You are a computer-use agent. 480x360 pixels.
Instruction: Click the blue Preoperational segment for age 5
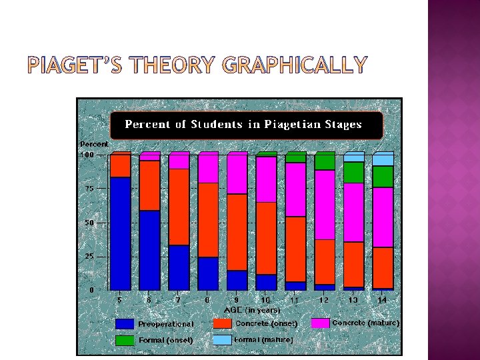pyautogui.click(x=120, y=233)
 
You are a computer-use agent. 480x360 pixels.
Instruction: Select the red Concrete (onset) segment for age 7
pyautogui.click(x=179, y=207)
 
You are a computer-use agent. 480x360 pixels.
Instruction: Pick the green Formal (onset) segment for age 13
pyautogui.click(x=354, y=173)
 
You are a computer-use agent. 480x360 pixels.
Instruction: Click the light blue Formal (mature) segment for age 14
pyautogui.click(x=383, y=159)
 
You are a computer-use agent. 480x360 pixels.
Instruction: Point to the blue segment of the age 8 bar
pyautogui.click(x=208, y=273)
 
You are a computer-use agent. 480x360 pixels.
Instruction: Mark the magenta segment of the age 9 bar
pyautogui.click(x=237, y=173)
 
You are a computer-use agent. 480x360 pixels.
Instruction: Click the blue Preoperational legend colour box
pyautogui.click(x=125, y=324)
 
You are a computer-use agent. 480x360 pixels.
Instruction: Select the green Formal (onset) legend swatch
pyautogui.click(x=125, y=340)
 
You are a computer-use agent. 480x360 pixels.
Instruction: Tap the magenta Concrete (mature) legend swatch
pyautogui.click(x=320, y=323)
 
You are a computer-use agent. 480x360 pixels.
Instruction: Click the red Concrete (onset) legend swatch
pyautogui.click(x=222, y=323)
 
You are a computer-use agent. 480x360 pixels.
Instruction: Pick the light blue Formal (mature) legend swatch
pyautogui.click(x=222, y=340)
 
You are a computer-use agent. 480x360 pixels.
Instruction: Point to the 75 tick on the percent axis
pyautogui.click(x=89, y=189)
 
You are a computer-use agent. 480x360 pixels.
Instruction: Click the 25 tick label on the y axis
pyautogui.click(x=89, y=256)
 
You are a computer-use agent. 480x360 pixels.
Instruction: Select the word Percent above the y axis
pyautogui.click(x=94, y=144)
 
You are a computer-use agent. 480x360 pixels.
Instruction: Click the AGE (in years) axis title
pyautogui.click(x=252, y=310)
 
